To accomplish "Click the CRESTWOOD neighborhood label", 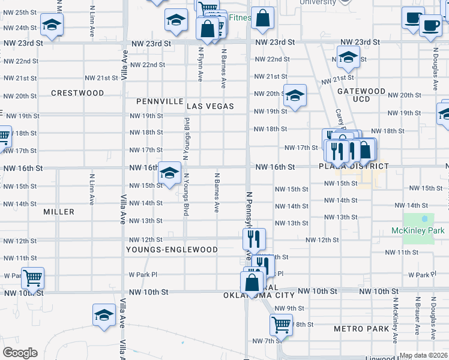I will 77,93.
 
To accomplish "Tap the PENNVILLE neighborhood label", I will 159,101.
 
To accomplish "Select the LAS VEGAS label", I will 209,106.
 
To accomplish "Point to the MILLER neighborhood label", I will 59,212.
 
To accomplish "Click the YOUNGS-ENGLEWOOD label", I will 172,249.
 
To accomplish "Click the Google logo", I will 20,353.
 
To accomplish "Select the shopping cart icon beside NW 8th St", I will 280,325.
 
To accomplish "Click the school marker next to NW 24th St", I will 52,25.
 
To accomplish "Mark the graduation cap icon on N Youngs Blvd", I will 170,173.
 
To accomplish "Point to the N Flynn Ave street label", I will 200,65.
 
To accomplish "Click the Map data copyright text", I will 423,355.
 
